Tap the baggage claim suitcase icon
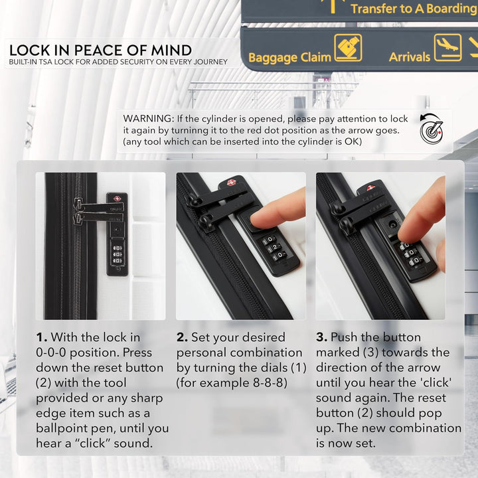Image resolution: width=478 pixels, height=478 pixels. point(348,48)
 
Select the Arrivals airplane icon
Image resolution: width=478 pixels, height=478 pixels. point(448,48)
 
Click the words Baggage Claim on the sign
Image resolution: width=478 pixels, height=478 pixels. point(289,57)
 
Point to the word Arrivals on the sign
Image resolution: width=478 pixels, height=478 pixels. point(410,57)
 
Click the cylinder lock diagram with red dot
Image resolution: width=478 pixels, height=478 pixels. point(432,129)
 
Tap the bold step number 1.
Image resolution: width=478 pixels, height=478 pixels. point(41,337)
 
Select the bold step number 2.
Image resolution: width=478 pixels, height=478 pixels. point(182,337)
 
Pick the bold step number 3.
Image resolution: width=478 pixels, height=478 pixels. point(321,337)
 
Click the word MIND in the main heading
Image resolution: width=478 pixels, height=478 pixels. point(172,50)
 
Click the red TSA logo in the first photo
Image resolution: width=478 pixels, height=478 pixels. point(117,199)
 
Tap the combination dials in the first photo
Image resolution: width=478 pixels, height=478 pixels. point(118,254)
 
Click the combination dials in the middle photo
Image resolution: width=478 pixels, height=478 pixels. point(274,248)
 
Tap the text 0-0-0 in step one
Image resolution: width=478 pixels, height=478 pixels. point(51,353)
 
